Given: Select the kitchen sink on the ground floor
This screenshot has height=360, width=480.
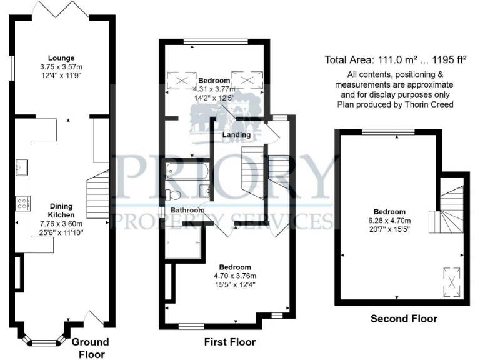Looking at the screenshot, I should coord(22,166).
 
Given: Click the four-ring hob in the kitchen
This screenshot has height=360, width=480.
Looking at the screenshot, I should coord(22,202).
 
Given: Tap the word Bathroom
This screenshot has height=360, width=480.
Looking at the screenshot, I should coord(189,211).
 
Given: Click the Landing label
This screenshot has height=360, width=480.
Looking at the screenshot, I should coord(236,134).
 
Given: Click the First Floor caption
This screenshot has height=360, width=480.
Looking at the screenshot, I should coord(230,342).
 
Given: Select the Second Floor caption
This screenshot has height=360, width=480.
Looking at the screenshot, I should coord(404,319).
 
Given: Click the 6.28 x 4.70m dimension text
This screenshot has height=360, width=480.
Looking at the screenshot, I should coord(389,220).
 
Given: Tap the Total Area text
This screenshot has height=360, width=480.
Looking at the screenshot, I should coord(396,60).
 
